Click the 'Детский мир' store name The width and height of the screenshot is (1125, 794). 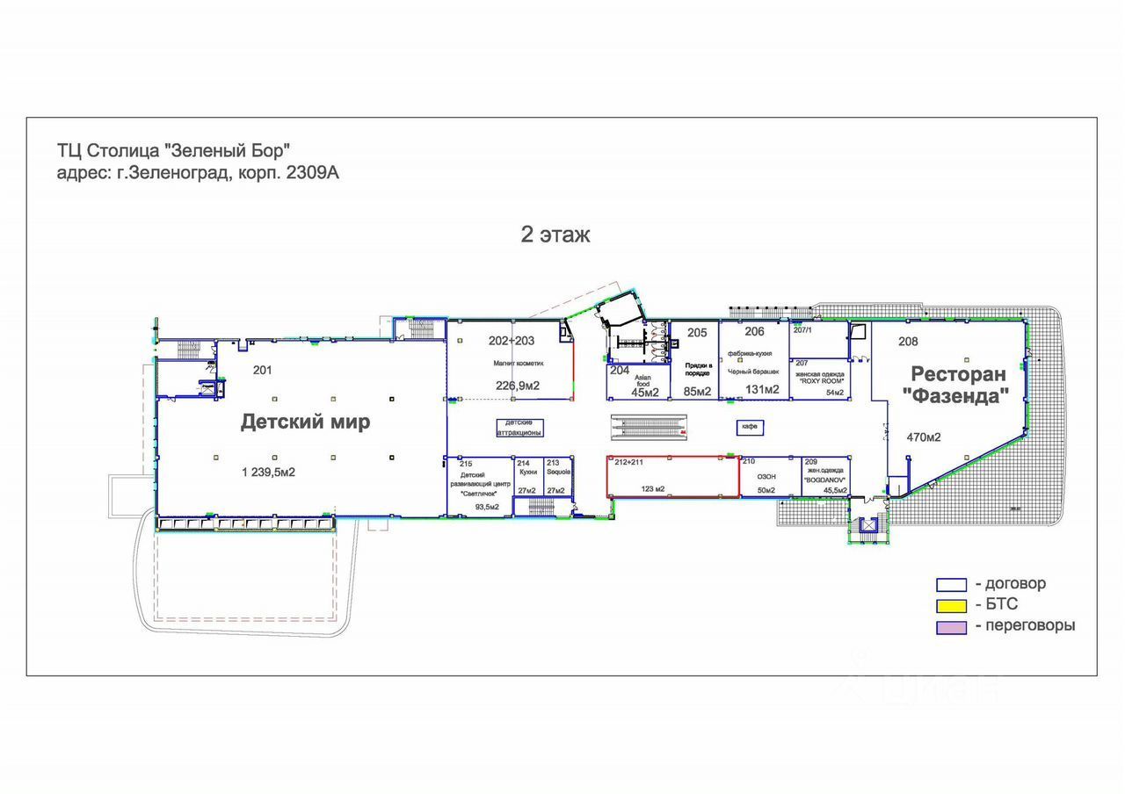tap(305, 422)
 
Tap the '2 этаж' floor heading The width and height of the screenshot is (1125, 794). tap(555, 235)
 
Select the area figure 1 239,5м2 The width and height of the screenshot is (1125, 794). tap(268, 473)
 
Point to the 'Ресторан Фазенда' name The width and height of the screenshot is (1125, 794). tap(957, 385)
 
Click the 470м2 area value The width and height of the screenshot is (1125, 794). tap(924, 436)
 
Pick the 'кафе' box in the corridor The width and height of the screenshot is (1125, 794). tap(749, 426)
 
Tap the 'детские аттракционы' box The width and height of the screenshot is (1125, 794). tap(519, 428)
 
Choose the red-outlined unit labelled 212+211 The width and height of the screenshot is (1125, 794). tap(672, 477)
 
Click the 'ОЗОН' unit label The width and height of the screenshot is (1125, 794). tap(766, 475)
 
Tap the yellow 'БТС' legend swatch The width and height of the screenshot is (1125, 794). tap(950, 605)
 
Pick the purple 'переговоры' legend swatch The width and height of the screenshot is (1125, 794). tap(950, 626)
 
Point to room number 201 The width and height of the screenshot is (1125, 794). tap(262, 370)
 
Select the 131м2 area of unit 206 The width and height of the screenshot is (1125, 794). tap(763, 390)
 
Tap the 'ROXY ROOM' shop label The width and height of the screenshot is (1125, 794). tap(821, 380)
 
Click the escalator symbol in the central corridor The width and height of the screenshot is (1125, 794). tap(650, 426)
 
